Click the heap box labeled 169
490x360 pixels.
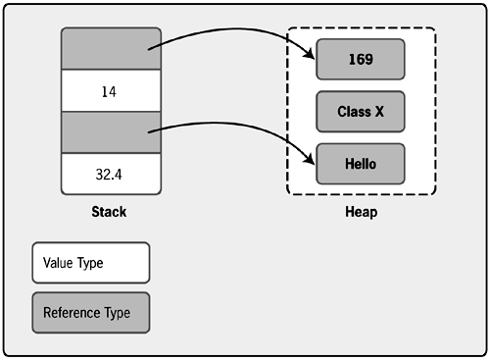(360, 59)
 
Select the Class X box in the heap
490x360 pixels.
(360, 111)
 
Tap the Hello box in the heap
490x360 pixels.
(360, 163)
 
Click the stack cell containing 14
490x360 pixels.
(111, 91)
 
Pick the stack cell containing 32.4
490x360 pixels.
(111, 175)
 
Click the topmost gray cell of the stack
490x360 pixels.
(111, 49)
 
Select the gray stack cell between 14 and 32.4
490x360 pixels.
(111, 132)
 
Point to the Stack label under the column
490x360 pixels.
(108, 212)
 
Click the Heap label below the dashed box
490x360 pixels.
(361, 212)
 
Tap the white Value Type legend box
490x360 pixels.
(90, 263)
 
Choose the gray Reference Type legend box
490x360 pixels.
(90, 312)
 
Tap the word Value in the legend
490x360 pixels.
(58, 264)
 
